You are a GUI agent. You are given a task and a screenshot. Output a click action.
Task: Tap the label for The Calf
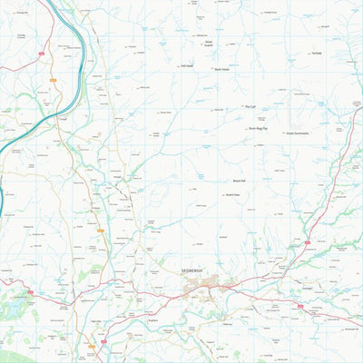coord(251,107)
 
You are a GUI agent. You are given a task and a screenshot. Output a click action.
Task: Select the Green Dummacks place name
coord(298,133)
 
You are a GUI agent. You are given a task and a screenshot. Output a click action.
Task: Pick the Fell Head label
coord(188,65)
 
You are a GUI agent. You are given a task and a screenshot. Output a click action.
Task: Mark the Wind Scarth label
coord(209,43)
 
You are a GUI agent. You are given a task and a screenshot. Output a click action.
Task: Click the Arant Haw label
coord(231,194)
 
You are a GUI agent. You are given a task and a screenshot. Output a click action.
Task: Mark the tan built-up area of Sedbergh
coord(204,288)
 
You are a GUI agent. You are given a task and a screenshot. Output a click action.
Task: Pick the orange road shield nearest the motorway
coord(53,81)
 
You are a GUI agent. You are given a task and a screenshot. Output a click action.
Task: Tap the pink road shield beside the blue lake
coord(30,291)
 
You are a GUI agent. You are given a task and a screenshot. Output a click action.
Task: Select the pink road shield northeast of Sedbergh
coord(307,242)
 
